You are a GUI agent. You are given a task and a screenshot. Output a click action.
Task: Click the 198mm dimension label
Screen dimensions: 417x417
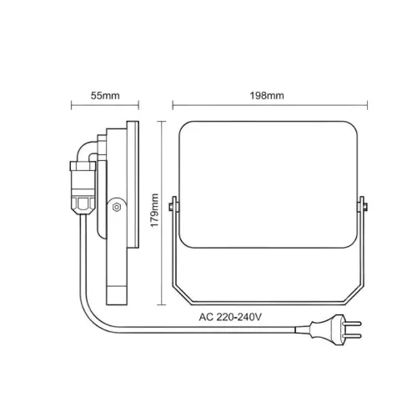pos(267,96)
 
